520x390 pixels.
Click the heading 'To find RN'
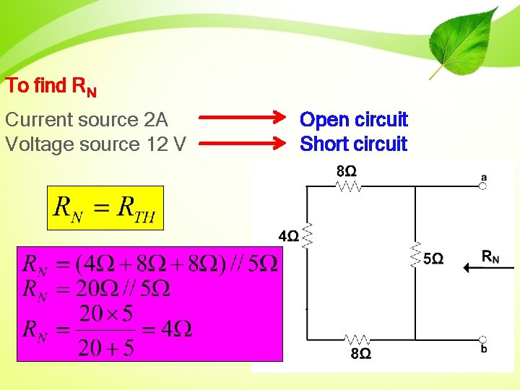point(51,87)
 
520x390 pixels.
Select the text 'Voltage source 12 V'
point(95,144)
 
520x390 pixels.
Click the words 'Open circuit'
point(354,119)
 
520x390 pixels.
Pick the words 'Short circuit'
point(354,144)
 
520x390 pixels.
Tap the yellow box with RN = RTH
point(105,208)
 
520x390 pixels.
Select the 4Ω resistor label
point(288,236)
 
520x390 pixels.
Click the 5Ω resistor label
point(433,258)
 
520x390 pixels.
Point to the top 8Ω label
point(346,171)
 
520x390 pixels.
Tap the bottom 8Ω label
point(360,353)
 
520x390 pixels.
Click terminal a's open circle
point(482,186)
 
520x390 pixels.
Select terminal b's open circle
point(482,339)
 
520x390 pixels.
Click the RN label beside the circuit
point(490,256)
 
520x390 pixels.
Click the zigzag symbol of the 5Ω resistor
point(415,255)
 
